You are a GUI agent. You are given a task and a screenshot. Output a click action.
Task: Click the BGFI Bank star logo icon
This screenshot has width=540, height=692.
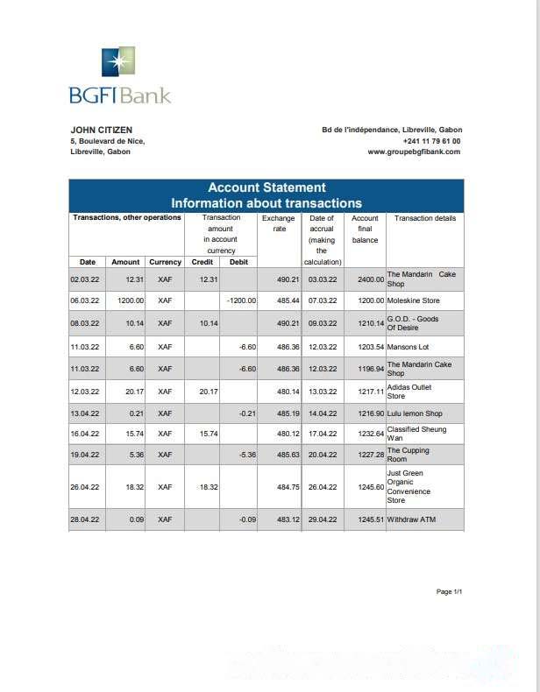click(118, 63)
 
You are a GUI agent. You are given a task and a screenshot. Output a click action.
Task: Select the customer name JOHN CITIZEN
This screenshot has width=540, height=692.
click(101, 130)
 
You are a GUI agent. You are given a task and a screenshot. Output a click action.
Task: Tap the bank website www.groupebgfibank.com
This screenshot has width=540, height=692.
click(413, 152)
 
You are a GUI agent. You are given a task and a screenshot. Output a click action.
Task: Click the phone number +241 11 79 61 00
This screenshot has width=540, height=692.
click(431, 141)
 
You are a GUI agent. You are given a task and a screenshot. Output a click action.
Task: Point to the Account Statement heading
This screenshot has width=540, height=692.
click(266, 187)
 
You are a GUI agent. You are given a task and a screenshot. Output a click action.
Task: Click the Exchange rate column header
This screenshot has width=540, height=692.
click(280, 223)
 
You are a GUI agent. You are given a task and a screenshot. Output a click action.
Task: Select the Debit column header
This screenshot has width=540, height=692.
click(238, 262)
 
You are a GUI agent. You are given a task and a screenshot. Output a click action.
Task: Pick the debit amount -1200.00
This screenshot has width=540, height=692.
click(240, 300)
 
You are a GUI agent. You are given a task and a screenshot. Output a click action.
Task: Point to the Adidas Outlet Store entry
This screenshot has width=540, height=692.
click(409, 392)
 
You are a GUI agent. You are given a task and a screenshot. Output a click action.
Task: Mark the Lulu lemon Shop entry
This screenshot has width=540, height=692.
click(415, 413)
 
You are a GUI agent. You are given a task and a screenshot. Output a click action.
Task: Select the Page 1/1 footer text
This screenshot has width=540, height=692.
click(449, 592)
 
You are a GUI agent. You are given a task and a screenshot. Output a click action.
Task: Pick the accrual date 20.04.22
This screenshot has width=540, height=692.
click(323, 455)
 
